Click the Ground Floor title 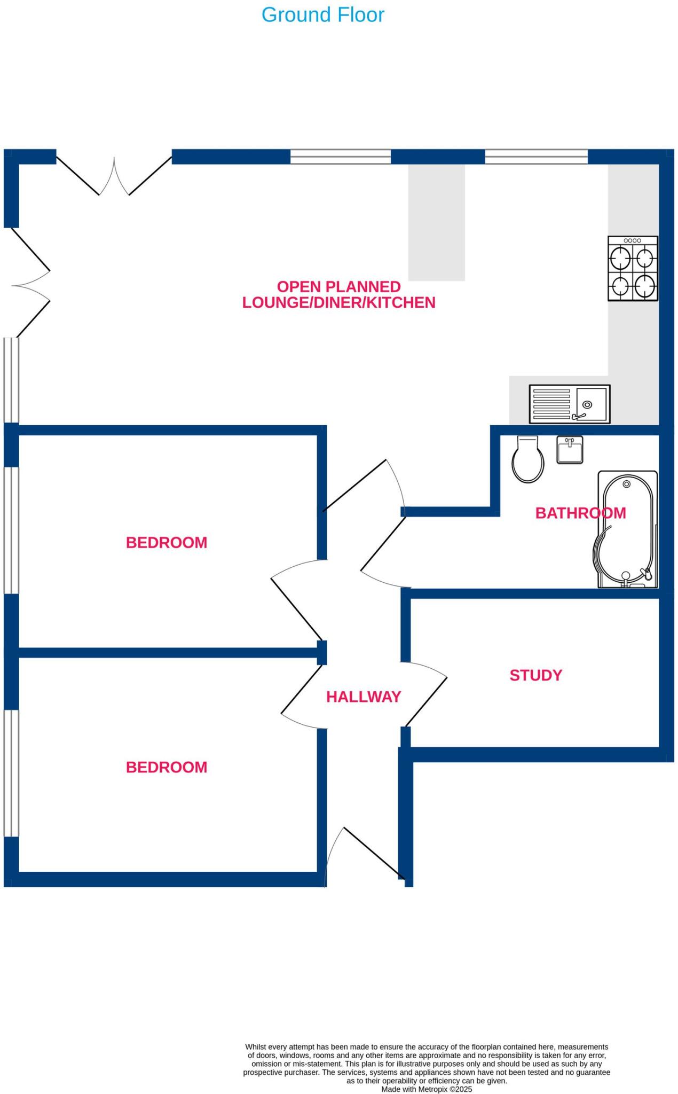click(x=322, y=15)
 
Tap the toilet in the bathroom click(x=527, y=460)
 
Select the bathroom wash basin click(x=570, y=450)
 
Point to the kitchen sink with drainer click(x=569, y=404)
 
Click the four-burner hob click(x=633, y=269)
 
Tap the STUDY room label click(x=535, y=675)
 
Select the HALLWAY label click(x=363, y=697)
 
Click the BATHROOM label click(x=580, y=513)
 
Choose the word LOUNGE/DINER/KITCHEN click(x=338, y=303)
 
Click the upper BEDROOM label click(x=166, y=543)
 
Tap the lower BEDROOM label click(x=166, y=767)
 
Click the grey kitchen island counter click(x=436, y=222)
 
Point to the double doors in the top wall click(x=114, y=176)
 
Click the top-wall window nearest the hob click(x=536, y=157)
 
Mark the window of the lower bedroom click(x=11, y=773)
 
